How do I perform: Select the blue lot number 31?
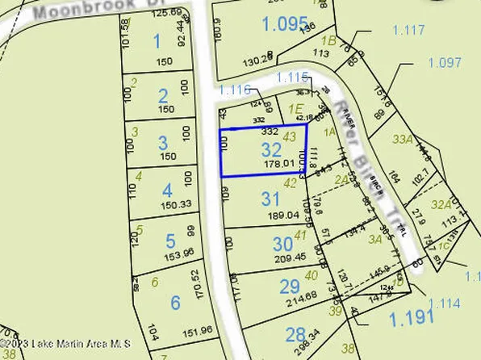coord(271,199)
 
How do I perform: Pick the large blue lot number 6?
coord(175,303)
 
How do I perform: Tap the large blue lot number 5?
coord(170,241)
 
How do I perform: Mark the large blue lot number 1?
coord(157,40)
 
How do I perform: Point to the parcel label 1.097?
coord(444,62)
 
